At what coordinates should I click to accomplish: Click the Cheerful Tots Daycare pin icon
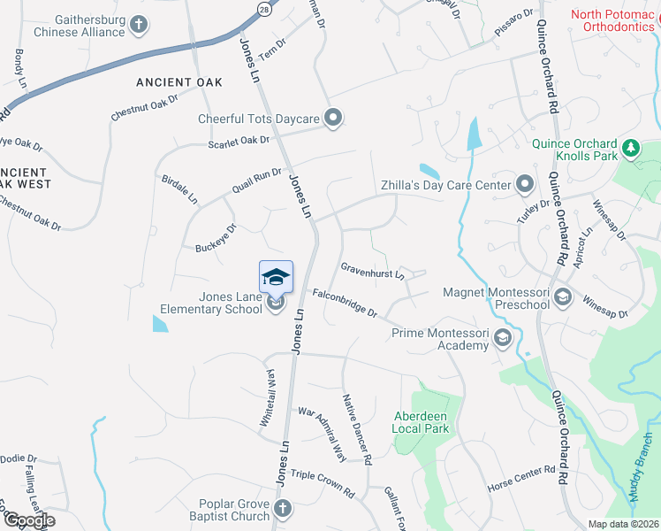coord(333,119)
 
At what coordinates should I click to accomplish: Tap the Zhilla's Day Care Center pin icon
coord(525,185)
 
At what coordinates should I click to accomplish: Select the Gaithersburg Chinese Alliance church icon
coord(139,25)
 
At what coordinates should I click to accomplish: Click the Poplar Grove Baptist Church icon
coord(282,508)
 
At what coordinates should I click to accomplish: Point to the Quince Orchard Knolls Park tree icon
coord(630,148)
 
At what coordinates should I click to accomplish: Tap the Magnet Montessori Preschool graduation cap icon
coord(561,297)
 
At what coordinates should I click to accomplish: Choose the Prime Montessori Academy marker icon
coord(503,337)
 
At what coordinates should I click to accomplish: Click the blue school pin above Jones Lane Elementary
coord(276,277)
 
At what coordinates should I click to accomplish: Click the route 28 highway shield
coord(263,7)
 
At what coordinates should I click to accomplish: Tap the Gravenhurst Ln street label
coord(372,269)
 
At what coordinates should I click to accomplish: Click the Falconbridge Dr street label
coord(344,303)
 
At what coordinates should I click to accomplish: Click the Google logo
coord(29,520)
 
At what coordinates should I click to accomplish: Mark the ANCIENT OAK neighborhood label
coord(178,81)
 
